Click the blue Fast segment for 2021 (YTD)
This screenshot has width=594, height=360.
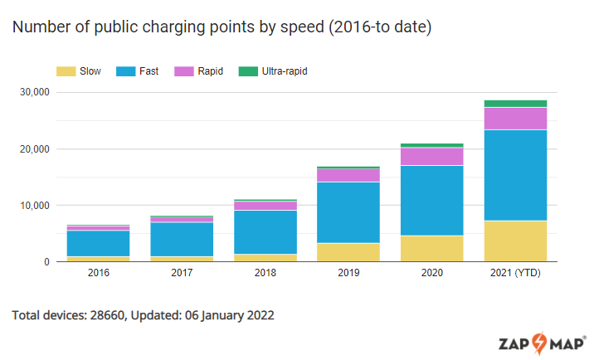click(515, 175)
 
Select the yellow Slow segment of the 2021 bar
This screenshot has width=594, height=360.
click(515, 241)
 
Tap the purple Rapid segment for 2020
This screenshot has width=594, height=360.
click(431, 156)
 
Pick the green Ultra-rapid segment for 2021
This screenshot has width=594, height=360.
click(515, 104)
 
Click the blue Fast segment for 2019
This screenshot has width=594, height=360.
click(348, 212)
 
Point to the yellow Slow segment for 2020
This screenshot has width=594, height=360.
click(431, 248)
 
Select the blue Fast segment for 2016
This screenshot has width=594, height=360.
click(97, 243)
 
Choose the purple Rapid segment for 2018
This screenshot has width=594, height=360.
click(265, 206)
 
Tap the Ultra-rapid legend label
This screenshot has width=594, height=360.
click(285, 71)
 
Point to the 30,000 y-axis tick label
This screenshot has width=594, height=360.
click(35, 92)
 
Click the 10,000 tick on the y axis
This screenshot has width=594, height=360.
click(35, 206)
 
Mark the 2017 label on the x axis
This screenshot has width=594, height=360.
click(181, 273)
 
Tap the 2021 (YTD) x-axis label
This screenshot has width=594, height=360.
click(515, 273)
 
